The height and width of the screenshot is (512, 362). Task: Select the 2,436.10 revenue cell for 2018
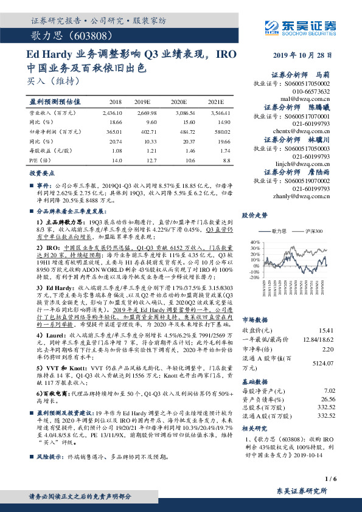[x=119, y=113]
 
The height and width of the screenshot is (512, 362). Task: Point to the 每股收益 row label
[x=47, y=150]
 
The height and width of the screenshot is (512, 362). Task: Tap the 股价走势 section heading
[x=256, y=216]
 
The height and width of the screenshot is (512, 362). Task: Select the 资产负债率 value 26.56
[x=328, y=399]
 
